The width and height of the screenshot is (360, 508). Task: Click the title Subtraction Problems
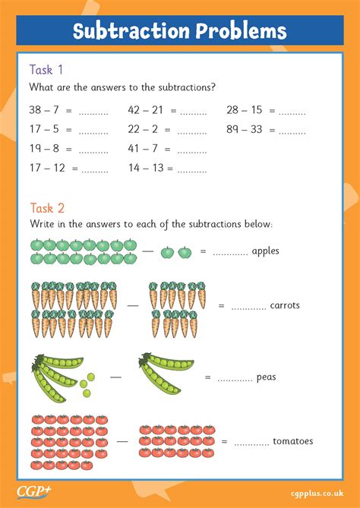pos(180,31)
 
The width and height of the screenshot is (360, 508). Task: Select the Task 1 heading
pos(41,70)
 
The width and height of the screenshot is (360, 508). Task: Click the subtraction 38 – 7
pos(43,111)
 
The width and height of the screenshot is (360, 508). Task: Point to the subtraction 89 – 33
pos(244,130)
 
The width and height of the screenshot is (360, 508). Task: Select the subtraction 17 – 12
pos(47,168)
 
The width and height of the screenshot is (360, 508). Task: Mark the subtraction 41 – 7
pos(143,149)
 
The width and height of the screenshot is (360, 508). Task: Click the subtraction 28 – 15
pos(244,111)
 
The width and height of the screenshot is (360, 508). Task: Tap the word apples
pos(266,251)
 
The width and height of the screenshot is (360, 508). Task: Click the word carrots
pos(285,306)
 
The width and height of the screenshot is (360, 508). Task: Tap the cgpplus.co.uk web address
pos(322,493)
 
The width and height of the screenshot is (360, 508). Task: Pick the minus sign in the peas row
pos(115,377)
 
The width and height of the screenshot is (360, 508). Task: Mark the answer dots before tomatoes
pos(251,442)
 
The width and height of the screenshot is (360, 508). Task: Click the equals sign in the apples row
pos(203,251)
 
